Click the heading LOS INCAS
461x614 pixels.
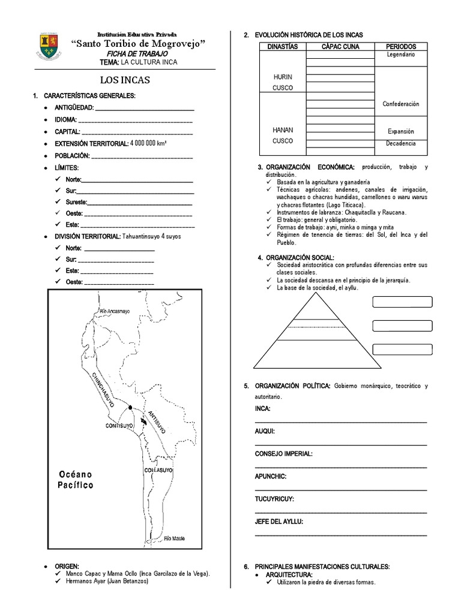coord(125,80)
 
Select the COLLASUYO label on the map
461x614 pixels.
coord(158,471)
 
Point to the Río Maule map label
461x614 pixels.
coord(175,538)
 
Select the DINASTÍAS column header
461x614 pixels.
coord(282,46)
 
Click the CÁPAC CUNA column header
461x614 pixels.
coord(340,46)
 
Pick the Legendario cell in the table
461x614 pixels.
coord(402,55)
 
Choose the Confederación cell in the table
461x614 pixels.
coord(401,104)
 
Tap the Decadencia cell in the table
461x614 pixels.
coord(401,143)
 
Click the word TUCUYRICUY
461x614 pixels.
coord(274,499)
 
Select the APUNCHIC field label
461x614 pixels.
coord(271,476)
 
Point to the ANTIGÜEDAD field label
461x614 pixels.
coord(74,107)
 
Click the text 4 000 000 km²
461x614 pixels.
coord(149,143)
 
